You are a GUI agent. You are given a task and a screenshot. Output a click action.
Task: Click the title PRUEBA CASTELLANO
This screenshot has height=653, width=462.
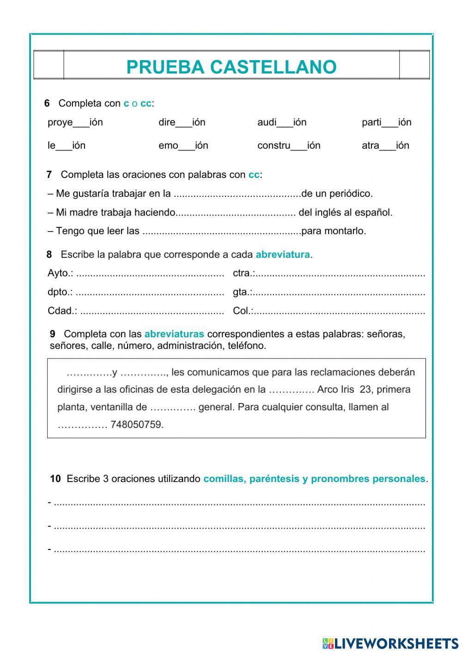(231, 67)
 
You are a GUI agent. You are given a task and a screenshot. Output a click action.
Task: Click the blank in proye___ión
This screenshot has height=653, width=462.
(81, 124)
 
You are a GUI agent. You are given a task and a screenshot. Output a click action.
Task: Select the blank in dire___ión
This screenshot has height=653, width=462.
(184, 124)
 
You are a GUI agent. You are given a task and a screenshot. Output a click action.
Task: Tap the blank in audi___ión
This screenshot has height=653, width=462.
(285, 124)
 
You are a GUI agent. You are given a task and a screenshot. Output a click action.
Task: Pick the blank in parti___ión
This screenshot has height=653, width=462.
(390, 124)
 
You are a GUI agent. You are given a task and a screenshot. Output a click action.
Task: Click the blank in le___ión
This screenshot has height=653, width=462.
(64, 147)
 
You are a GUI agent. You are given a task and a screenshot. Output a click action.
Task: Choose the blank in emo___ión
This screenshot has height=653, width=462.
(187, 147)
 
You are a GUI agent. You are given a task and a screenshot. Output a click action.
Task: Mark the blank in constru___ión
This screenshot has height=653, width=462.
(299, 147)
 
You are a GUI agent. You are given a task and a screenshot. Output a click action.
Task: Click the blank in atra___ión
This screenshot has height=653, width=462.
(388, 147)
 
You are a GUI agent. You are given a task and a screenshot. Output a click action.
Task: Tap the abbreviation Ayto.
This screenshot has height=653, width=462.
(60, 273)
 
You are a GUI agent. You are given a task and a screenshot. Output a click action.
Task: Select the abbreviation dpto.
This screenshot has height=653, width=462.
(60, 292)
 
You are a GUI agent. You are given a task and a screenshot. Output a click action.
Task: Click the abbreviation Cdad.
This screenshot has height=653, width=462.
(62, 311)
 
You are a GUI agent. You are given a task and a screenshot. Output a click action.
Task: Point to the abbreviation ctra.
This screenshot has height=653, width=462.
(243, 273)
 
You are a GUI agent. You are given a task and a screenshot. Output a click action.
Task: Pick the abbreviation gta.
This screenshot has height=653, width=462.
(242, 292)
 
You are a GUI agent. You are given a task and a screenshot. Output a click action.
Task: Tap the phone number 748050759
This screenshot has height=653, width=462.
(137, 424)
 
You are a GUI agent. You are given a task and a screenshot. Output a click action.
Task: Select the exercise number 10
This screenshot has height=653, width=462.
(55, 479)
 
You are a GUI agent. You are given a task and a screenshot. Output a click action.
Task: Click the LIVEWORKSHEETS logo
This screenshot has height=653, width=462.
(390, 643)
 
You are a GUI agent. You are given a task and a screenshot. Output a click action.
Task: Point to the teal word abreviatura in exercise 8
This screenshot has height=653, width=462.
(282, 255)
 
